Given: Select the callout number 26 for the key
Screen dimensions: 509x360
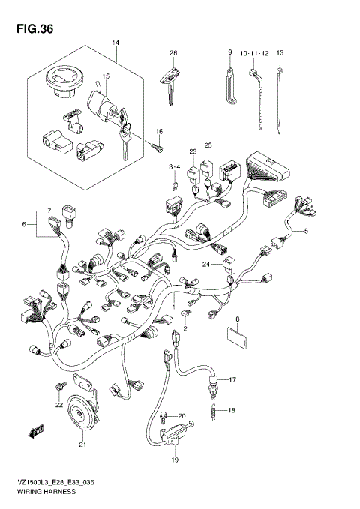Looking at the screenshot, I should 172,52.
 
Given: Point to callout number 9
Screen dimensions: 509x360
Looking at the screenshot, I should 230,52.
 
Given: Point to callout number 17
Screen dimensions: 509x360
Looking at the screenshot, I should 232,380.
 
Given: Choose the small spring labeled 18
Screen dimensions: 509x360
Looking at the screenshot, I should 214,409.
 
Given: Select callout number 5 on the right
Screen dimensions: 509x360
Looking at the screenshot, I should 306,230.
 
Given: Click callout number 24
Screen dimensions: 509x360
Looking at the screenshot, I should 204,264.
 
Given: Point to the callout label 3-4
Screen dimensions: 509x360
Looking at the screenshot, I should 174,166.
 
